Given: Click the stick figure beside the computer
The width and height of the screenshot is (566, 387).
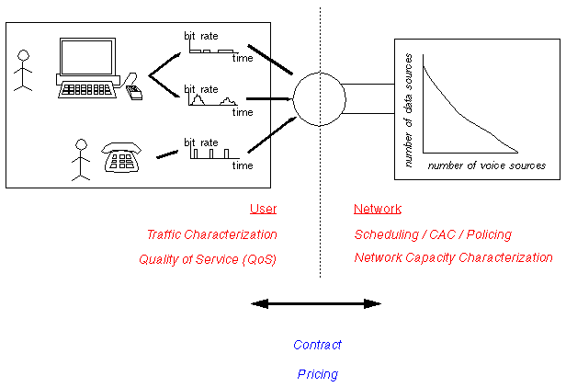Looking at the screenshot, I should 23,70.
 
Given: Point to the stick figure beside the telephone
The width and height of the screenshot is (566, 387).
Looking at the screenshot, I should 81,158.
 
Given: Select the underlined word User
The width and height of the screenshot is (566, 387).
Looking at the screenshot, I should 263,209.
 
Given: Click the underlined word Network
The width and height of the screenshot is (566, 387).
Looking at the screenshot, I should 378,209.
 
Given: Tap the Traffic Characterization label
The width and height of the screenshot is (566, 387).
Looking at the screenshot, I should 211,234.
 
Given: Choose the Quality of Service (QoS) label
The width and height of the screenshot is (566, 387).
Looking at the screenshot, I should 208,259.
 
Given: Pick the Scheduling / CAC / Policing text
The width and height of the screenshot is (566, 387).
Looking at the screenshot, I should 433,234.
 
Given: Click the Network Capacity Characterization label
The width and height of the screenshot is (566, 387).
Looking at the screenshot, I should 454,258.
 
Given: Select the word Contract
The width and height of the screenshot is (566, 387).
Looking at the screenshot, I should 317,345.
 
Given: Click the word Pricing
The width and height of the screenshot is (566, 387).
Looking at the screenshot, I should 317,374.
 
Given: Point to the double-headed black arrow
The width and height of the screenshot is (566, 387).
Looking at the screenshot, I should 316,303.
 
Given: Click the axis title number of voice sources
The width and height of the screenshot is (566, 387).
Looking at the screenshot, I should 487,165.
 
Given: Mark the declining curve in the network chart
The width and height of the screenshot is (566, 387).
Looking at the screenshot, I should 464,115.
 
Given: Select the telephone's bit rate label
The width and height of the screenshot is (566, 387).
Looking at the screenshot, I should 201,142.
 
